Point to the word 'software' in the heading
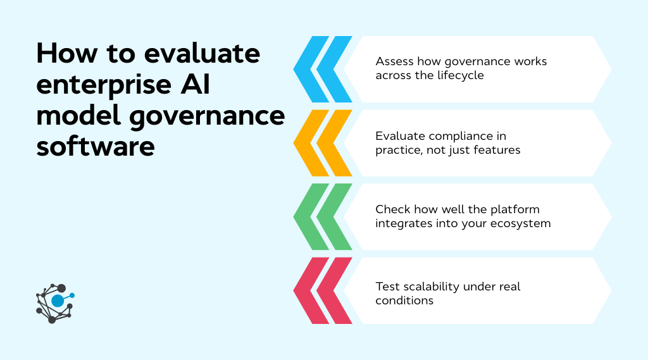tap(96, 146)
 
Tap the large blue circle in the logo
tap(58, 301)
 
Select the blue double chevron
tap(323, 70)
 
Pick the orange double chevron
tap(323, 143)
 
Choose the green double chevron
tap(323, 216)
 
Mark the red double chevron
tap(323, 290)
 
